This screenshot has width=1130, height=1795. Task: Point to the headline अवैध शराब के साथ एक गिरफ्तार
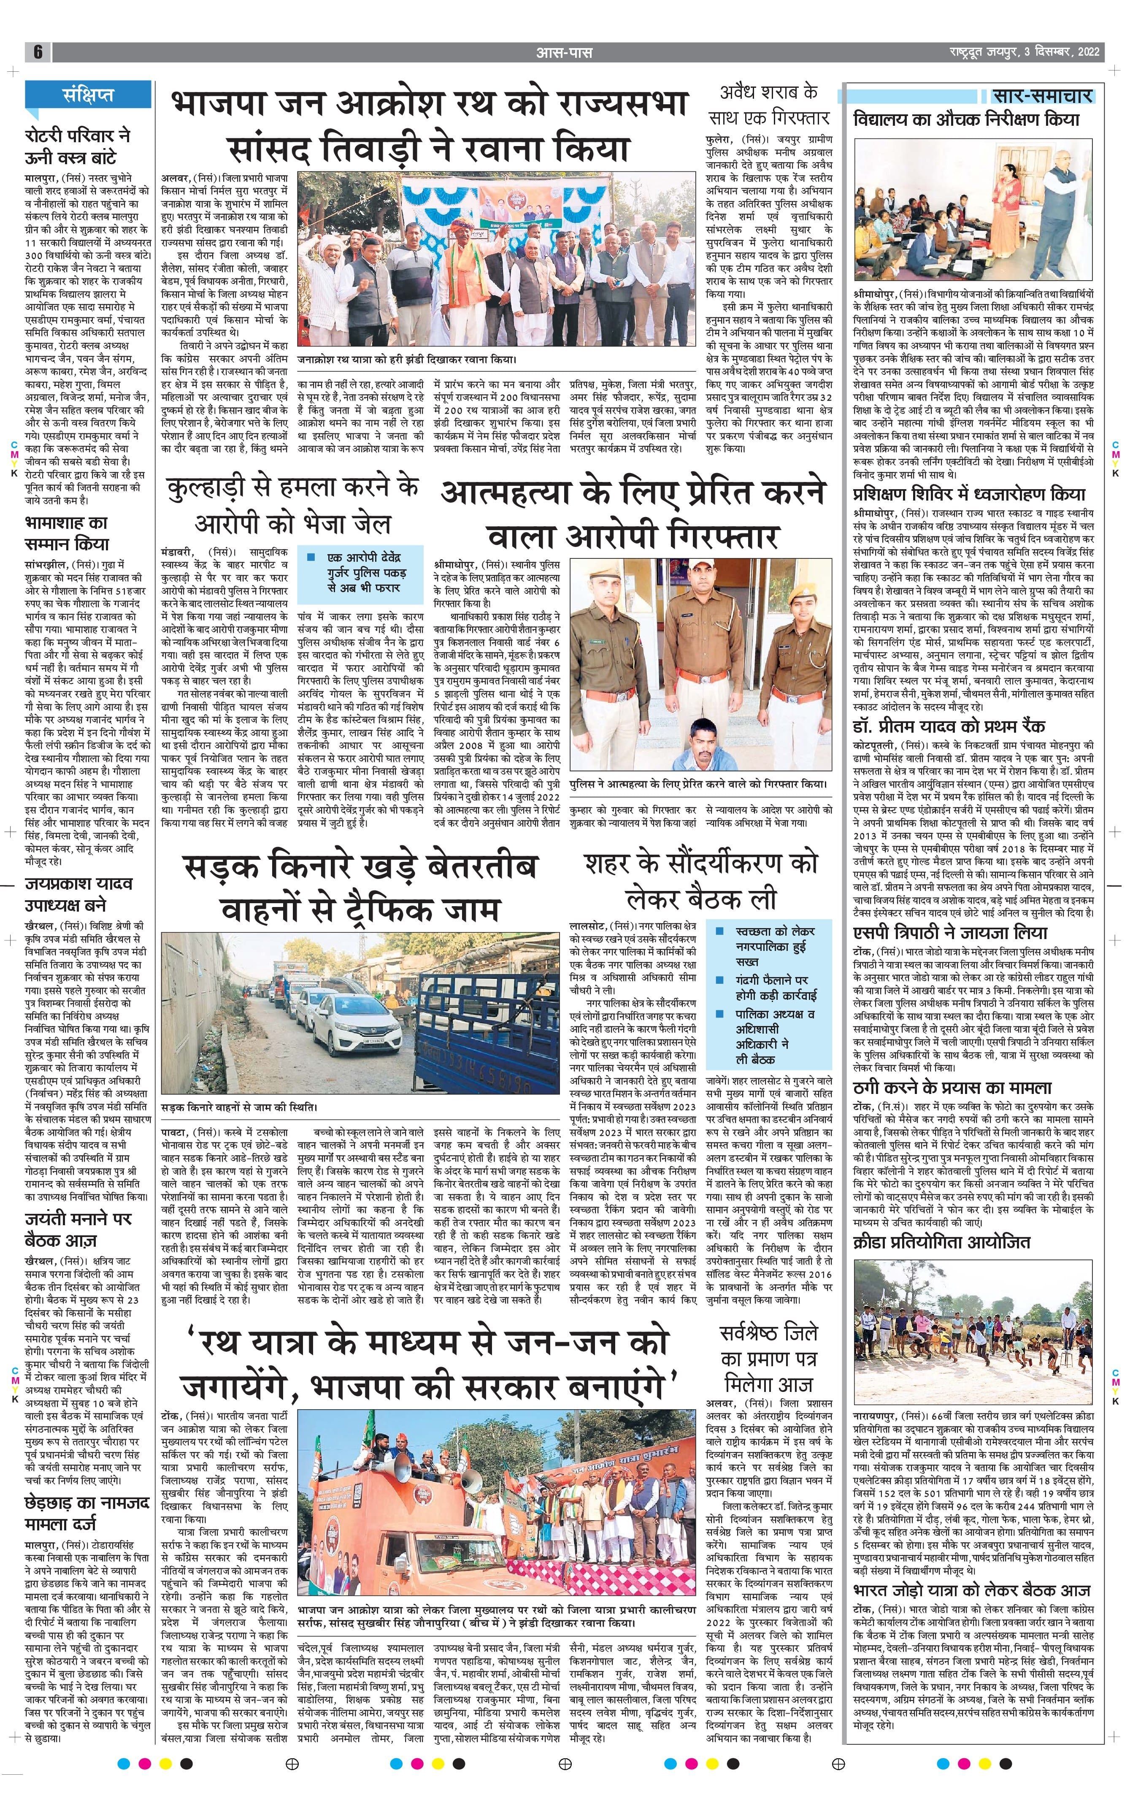(x=768, y=104)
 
